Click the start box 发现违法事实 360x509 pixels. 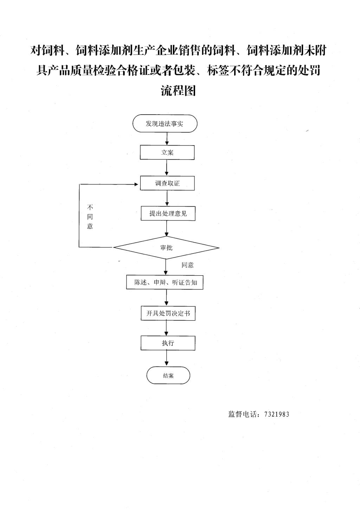(x=165, y=123)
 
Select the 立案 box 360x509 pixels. (x=167, y=153)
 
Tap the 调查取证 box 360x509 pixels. (x=167, y=183)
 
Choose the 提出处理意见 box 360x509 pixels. (x=168, y=213)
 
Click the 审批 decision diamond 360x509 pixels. (x=166, y=247)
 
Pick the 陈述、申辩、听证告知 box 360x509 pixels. (x=165, y=283)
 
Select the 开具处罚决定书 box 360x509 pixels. (x=168, y=313)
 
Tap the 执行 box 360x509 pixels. (x=168, y=343)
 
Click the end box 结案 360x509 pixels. (x=168, y=375)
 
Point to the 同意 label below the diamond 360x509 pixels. (x=187, y=265)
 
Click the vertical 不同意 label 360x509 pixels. (x=90, y=217)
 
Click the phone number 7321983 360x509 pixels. (x=277, y=414)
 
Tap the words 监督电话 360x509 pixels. (x=243, y=414)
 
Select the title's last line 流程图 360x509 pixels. (x=178, y=91)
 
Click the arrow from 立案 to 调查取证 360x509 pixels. (x=167, y=168)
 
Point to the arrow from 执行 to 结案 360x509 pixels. (x=167, y=358)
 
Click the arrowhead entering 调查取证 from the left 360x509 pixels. (x=136, y=184)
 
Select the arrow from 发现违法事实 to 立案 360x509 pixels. (x=167, y=139)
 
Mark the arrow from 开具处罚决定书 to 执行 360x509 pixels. (x=167, y=328)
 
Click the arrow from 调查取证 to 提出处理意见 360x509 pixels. (x=167, y=198)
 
